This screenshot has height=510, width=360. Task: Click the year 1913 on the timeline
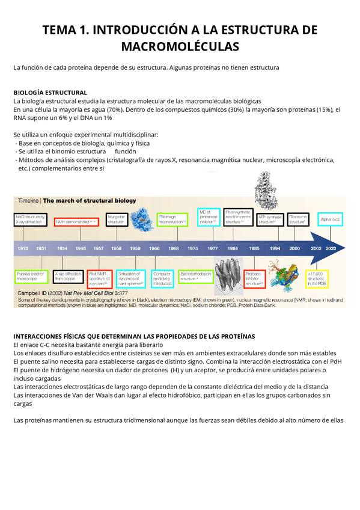click(x=23, y=248)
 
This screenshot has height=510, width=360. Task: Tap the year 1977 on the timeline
click(x=213, y=248)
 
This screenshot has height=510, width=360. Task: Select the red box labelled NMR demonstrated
click(x=76, y=222)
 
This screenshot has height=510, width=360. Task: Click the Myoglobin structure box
click(x=116, y=220)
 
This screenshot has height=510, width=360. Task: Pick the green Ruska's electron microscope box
click(x=29, y=277)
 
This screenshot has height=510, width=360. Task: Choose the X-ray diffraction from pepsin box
click(x=66, y=277)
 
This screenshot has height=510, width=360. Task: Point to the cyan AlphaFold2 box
click(x=330, y=220)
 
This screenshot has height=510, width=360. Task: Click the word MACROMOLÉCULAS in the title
click(x=180, y=46)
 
